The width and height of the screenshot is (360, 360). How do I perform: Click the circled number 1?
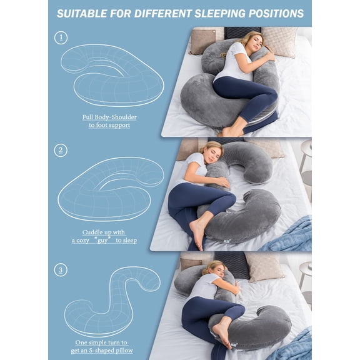pyautogui.click(x=61, y=38)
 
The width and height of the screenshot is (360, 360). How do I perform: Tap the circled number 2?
pyautogui.click(x=61, y=150)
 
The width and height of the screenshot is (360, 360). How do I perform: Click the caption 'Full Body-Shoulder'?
pyautogui.click(x=109, y=117)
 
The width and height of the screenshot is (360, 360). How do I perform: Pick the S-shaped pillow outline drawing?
pyautogui.click(x=112, y=300)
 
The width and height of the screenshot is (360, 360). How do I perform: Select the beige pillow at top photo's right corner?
pyautogui.click(x=280, y=41)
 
